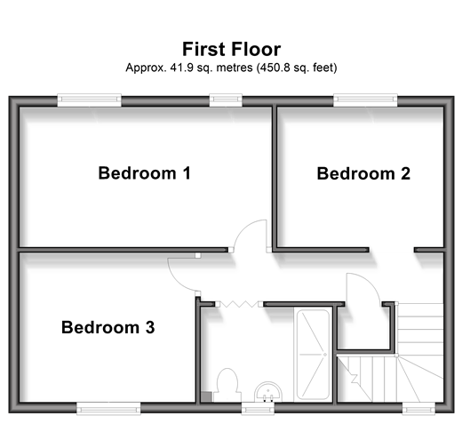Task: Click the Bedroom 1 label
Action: click(145, 173)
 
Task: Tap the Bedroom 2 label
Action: click(363, 173)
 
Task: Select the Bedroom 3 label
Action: click(108, 327)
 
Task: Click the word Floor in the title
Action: click(256, 49)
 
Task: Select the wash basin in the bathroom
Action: click(268, 392)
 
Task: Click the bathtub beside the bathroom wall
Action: click(313, 355)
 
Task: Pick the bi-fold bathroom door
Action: click(239, 304)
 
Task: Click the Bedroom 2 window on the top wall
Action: click(365, 100)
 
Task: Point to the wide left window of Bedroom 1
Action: click(89, 100)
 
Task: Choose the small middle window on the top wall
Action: click(226, 100)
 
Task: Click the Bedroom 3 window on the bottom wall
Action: click(108, 408)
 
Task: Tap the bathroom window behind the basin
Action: click(258, 408)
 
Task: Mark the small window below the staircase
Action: click(418, 408)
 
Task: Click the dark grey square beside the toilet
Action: click(207, 397)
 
